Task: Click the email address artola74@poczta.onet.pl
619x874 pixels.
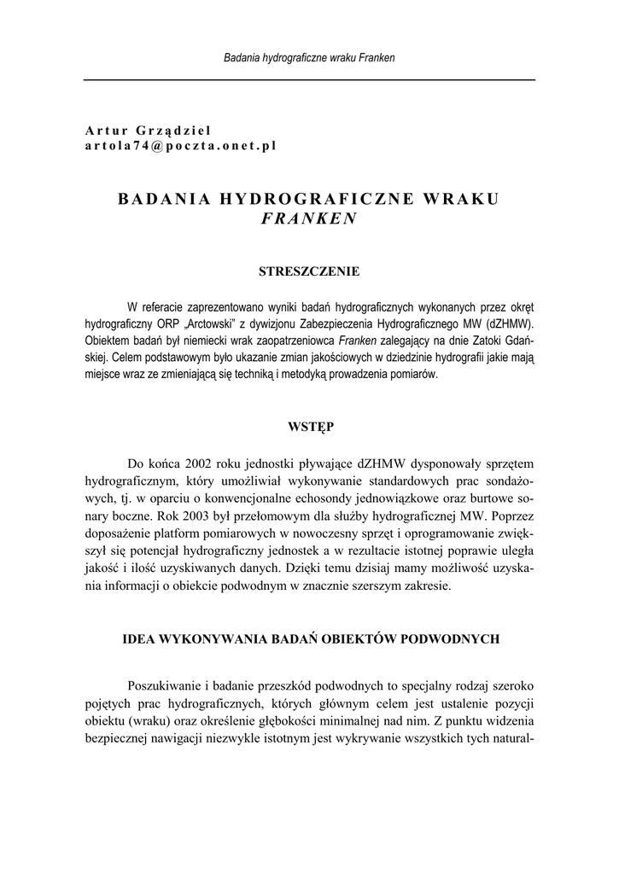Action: [x=180, y=146]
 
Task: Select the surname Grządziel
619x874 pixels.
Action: [x=179, y=131]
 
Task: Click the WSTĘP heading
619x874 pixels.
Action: [x=309, y=425]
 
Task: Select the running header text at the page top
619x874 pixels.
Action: [x=308, y=58]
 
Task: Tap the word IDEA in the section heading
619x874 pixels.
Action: [x=140, y=638]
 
